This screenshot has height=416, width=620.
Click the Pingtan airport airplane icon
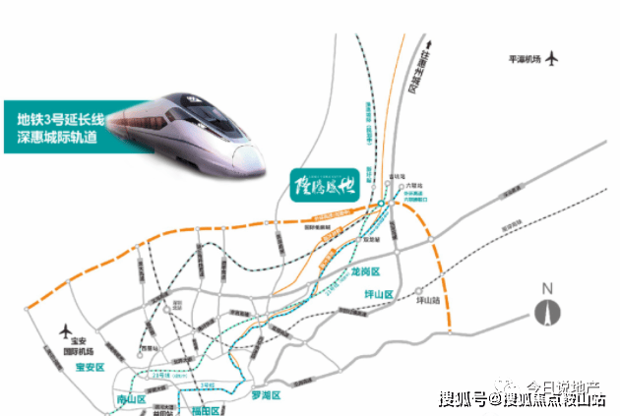coord(552,58)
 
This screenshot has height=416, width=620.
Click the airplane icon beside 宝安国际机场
coord(68,329)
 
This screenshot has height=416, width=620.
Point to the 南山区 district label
coord(128,401)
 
